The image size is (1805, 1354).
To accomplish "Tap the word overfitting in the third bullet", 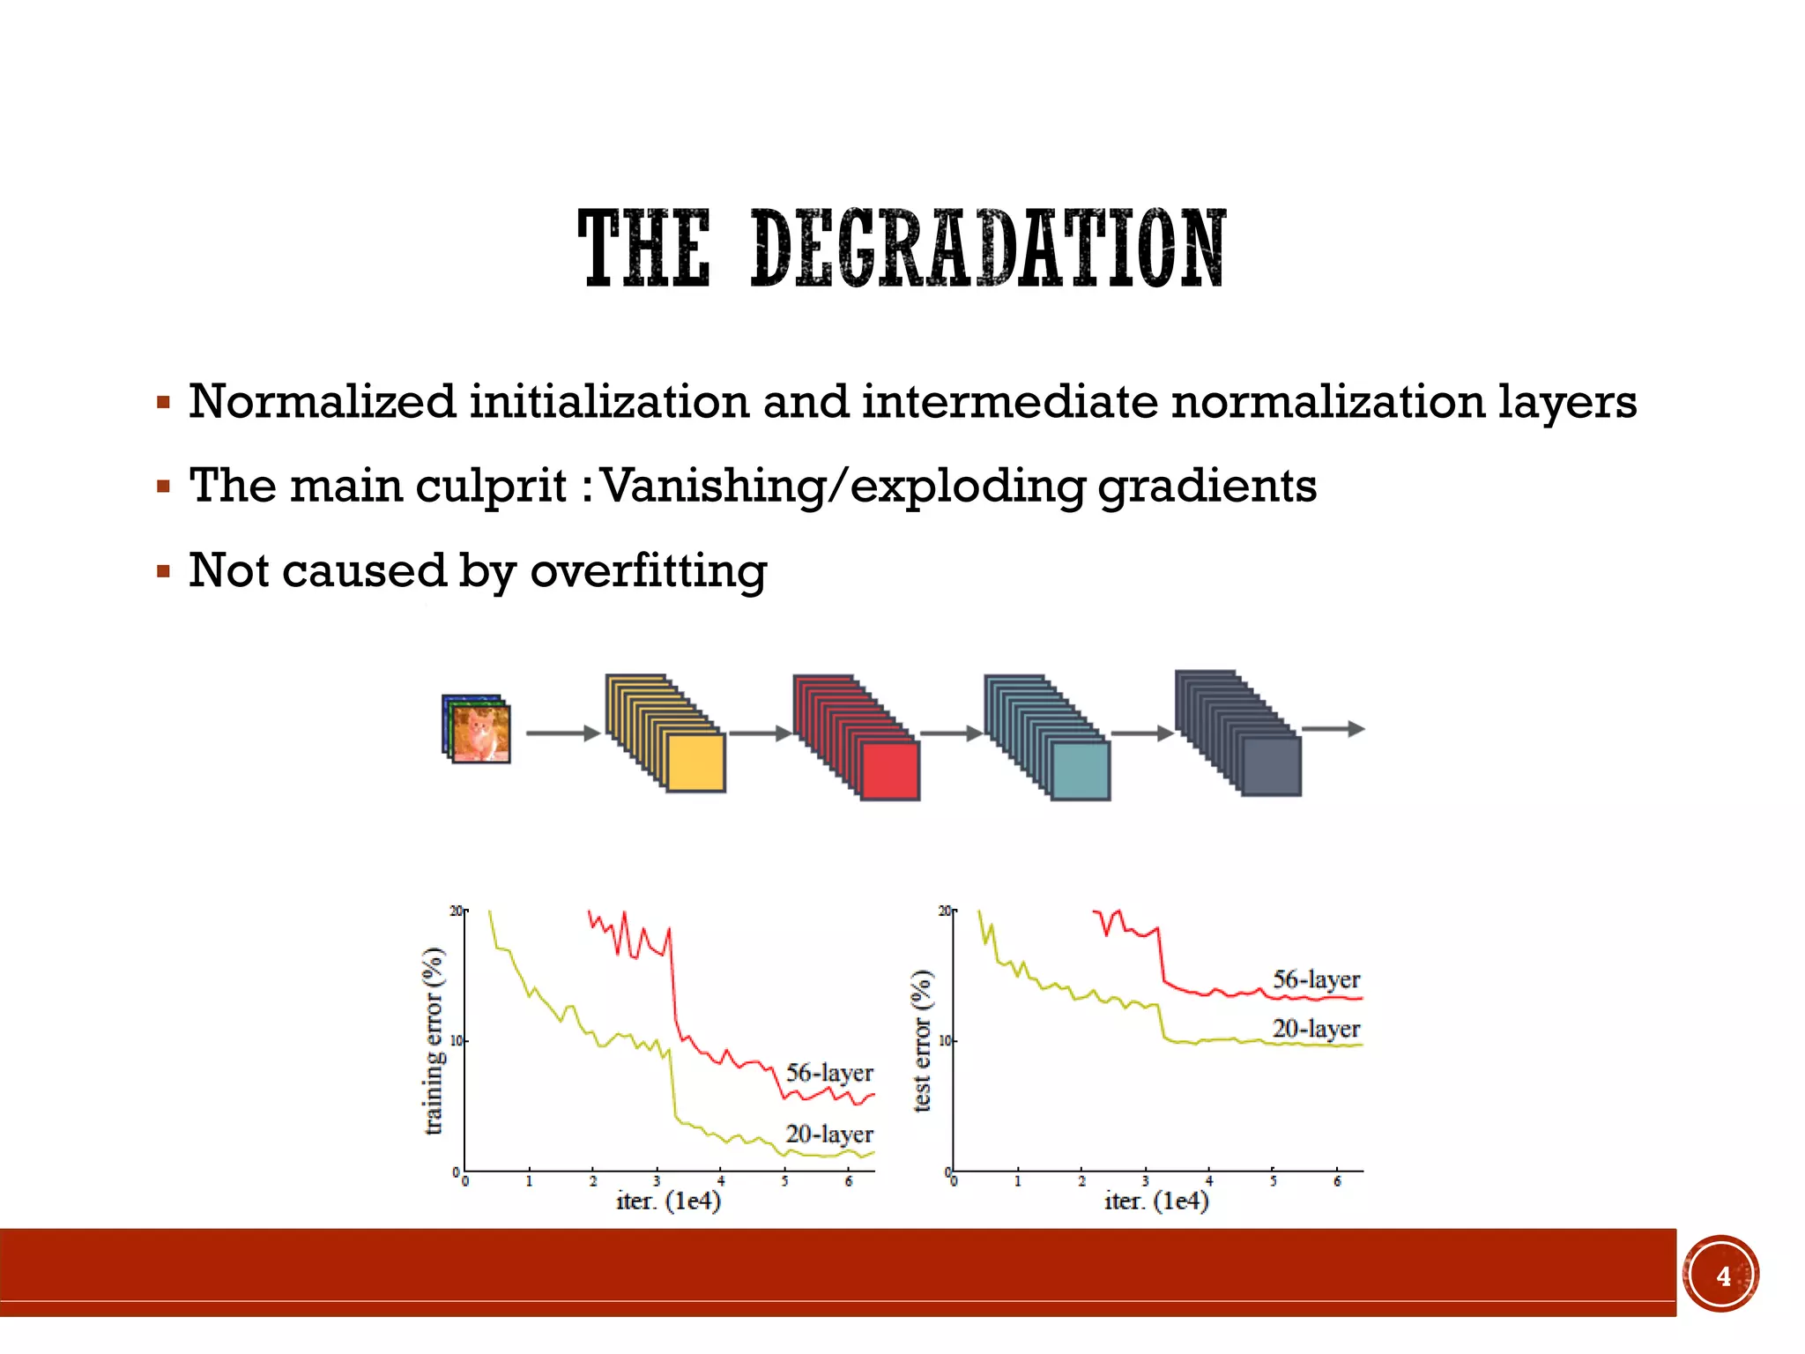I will point(648,570).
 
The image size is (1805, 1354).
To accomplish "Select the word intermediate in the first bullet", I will point(1009,402).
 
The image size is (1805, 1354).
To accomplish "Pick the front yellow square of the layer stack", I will point(696,763).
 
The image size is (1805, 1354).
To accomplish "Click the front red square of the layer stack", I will point(890,770).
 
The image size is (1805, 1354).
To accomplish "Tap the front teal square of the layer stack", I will point(1081,770).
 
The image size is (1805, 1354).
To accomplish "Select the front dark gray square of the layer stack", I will point(1271,766).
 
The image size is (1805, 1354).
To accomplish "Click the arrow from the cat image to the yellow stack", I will point(562,733).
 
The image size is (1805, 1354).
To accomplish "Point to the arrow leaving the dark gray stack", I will point(1333,729).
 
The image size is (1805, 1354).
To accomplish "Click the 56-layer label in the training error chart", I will point(829,1073).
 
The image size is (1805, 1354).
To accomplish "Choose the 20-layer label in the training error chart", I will point(829,1134).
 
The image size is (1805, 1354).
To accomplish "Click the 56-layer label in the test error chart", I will point(1316,979).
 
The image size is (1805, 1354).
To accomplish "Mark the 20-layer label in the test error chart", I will point(1316,1029).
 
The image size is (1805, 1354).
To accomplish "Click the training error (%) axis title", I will point(433,1040).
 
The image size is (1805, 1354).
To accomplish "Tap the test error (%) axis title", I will point(922,1040).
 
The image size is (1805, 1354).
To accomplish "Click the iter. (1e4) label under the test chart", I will point(1156,1201).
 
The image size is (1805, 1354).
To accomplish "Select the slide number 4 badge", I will point(1722,1276).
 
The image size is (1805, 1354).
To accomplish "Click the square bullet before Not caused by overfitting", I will point(163,571).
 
